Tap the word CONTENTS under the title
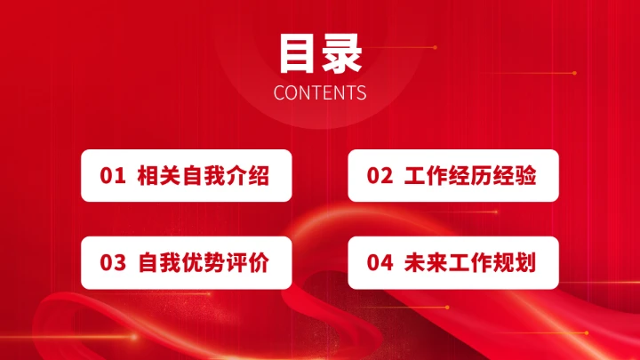click(x=320, y=92)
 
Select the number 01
click(x=113, y=176)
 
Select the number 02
click(x=380, y=176)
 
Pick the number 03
click(x=113, y=262)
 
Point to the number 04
click(x=380, y=262)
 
